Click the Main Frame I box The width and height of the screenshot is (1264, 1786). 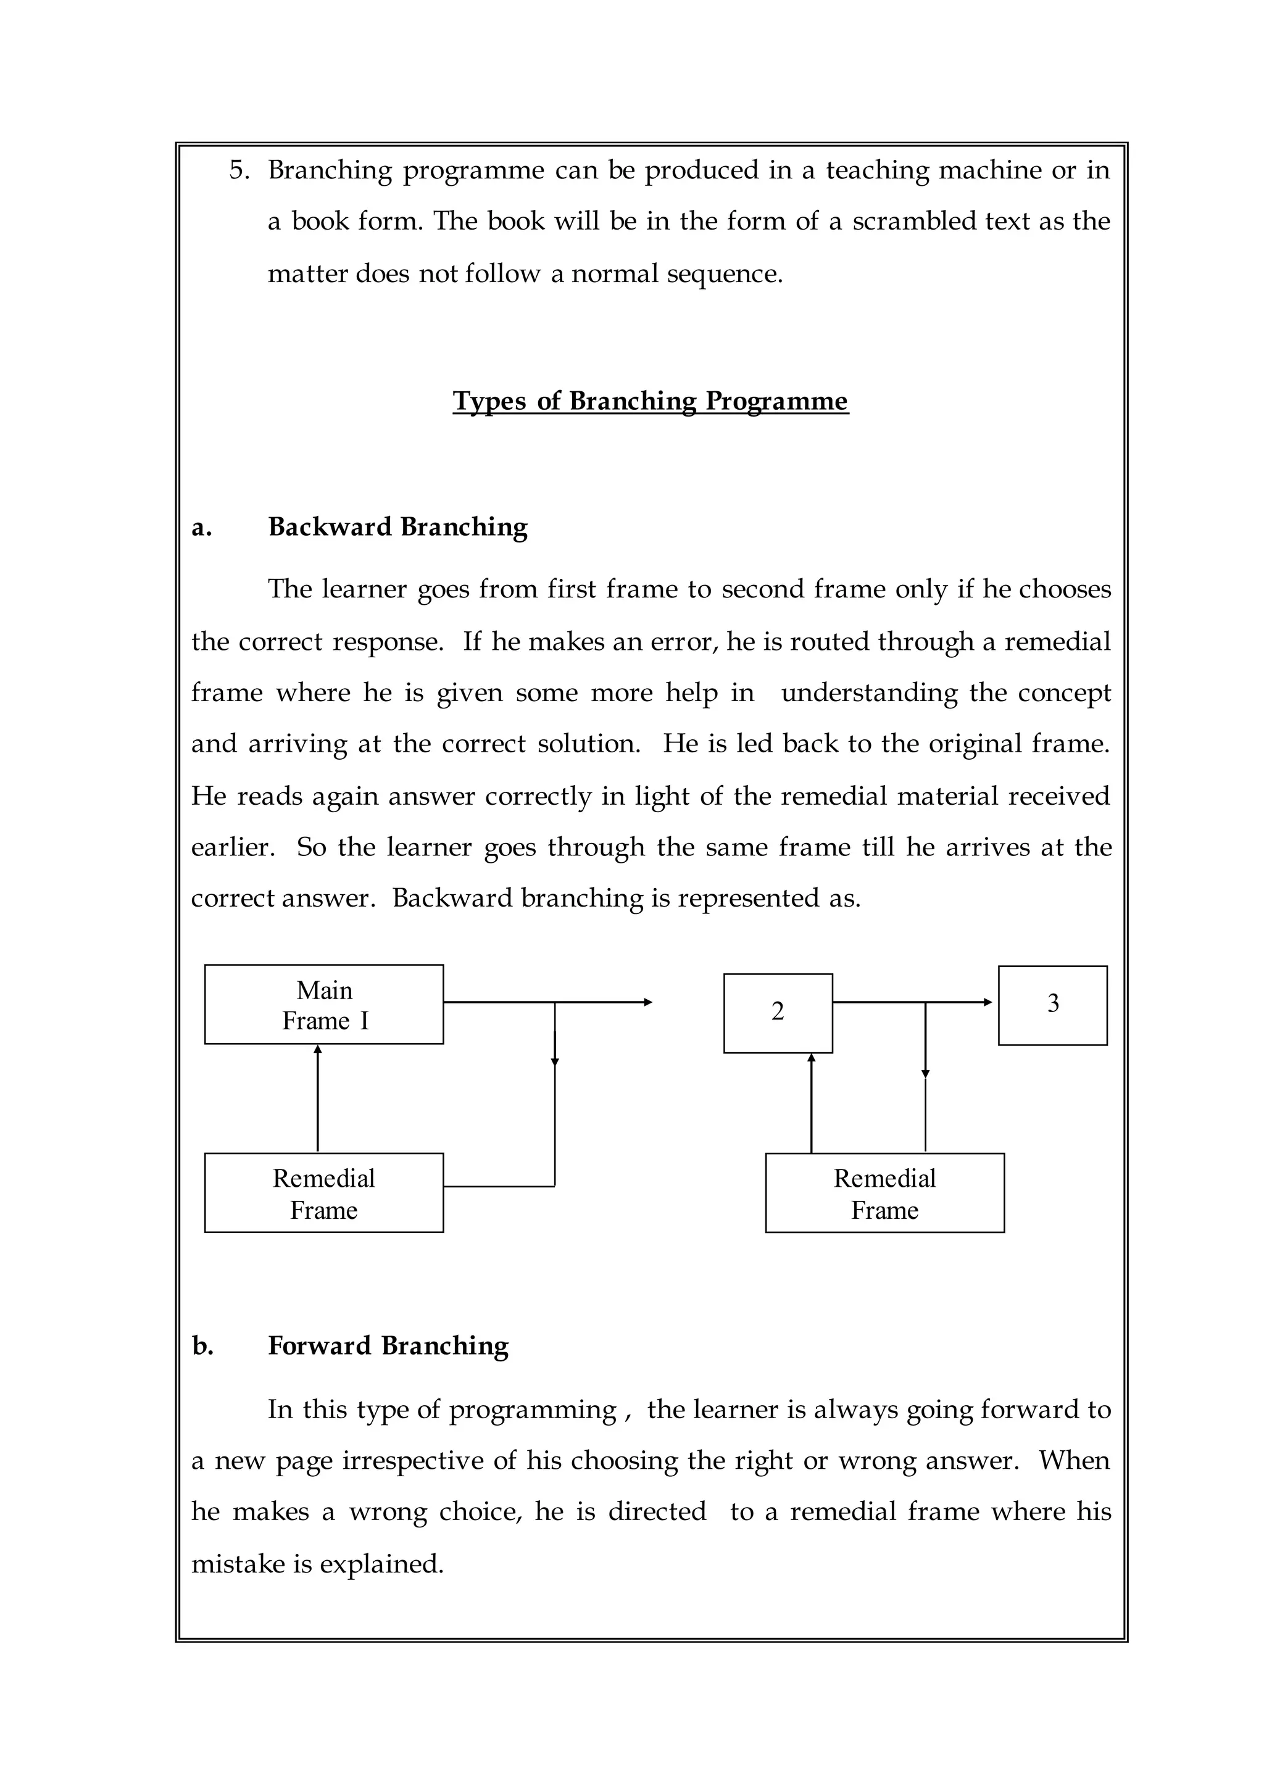324,1004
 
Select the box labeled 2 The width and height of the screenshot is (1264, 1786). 778,1013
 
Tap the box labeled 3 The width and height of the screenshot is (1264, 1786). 1052,1005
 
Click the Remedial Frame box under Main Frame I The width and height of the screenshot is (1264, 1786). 324,1193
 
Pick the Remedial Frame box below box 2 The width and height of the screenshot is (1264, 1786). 884,1193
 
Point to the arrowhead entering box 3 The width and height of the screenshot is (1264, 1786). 989,1002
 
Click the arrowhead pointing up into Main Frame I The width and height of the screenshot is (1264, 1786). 318,1050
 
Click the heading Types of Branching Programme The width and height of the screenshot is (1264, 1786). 650,401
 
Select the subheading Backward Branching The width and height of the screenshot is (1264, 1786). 397,527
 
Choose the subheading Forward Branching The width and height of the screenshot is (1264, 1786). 388,1345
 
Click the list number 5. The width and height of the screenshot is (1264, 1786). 238,170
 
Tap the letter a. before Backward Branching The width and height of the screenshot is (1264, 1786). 201,528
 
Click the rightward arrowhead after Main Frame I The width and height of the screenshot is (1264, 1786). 647,1002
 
